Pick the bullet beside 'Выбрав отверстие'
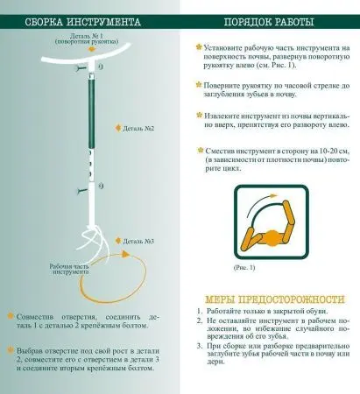click(x=10, y=347)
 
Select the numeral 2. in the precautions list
click(x=199, y=325)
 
